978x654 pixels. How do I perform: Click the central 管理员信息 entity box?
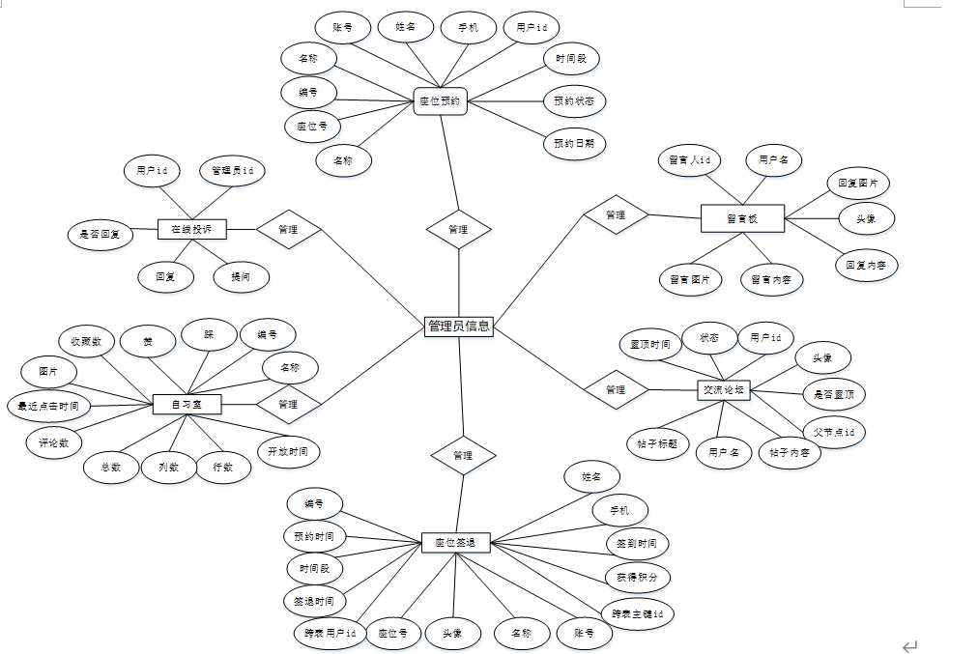tap(459, 326)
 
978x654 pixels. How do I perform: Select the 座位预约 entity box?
tap(440, 100)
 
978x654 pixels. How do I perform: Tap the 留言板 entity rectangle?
tap(742, 218)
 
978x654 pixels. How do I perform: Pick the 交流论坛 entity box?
tap(724, 389)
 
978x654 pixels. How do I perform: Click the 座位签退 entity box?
tap(455, 542)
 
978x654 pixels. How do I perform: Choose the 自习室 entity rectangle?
tap(187, 404)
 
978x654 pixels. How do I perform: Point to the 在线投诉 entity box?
tap(191, 229)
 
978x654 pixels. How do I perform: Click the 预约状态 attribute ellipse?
tap(574, 100)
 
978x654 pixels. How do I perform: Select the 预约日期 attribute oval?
tap(574, 144)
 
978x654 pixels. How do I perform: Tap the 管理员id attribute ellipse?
tap(232, 171)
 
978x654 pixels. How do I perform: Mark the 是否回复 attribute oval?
tap(101, 234)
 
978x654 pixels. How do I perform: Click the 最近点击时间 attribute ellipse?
tap(49, 405)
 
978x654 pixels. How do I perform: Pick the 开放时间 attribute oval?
tap(288, 451)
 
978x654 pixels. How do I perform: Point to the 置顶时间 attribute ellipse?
tap(650, 344)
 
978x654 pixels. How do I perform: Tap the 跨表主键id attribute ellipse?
tap(637, 613)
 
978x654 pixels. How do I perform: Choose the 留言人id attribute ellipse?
tap(690, 159)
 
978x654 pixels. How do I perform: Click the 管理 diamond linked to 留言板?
tap(616, 214)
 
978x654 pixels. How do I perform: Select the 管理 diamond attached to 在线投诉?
tap(288, 229)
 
